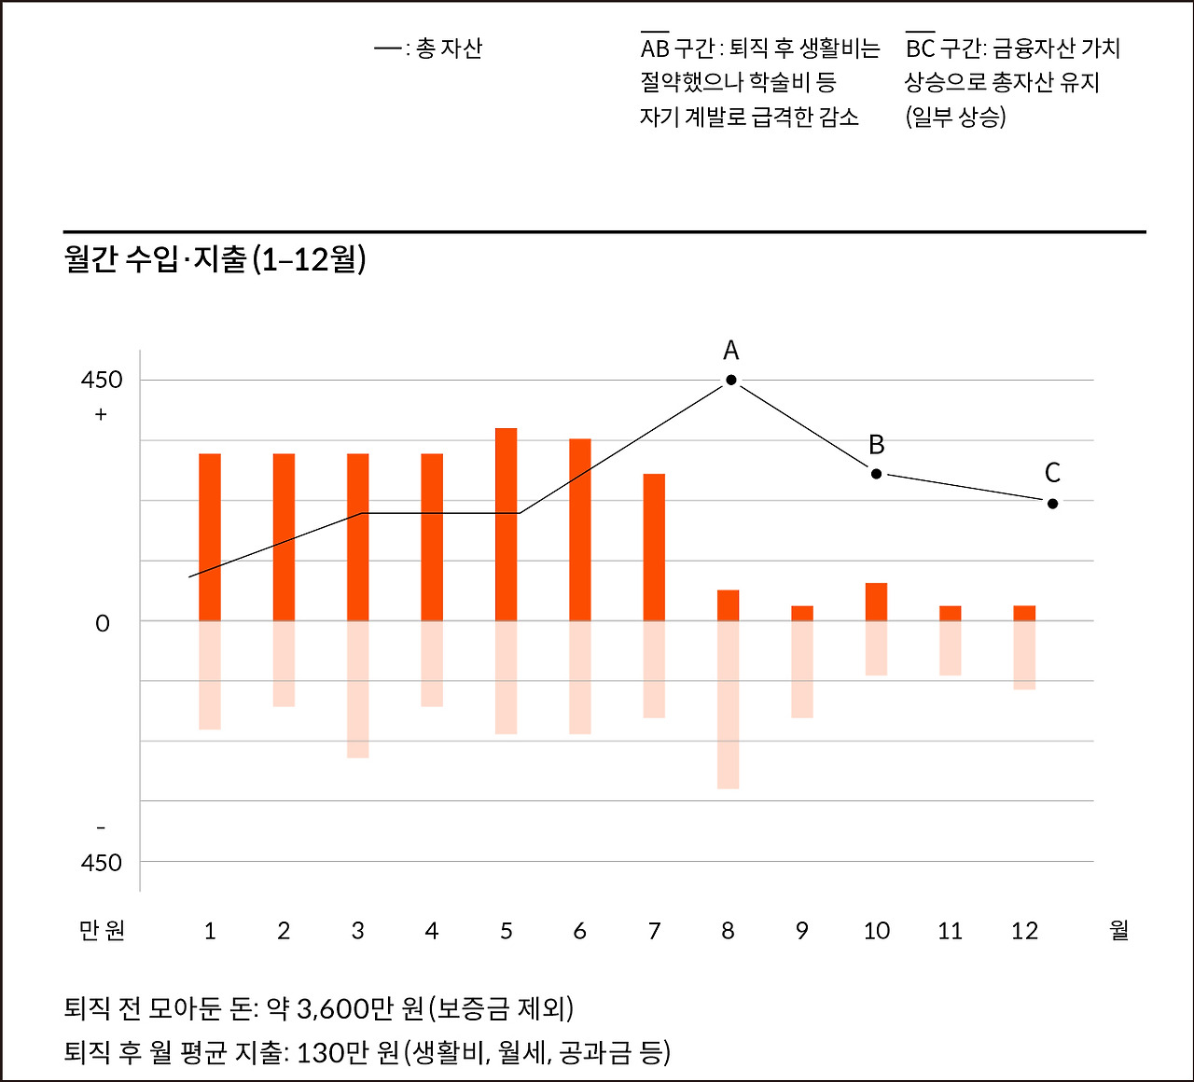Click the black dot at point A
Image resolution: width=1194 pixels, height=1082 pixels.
(x=731, y=380)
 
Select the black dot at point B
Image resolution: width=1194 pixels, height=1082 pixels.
(x=876, y=474)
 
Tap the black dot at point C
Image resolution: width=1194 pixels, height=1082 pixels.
(x=1052, y=504)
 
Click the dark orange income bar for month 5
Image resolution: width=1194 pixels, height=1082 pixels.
(x=506, y=524)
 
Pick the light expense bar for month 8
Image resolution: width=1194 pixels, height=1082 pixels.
(x=728, y=704)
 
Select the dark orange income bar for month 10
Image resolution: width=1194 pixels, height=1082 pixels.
(x=876, y=602)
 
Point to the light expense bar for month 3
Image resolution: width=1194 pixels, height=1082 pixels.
(x=358, y=688)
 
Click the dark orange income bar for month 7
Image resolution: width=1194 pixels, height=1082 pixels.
(x=654, y=547)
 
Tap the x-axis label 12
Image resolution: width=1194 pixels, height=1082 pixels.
(x=1024, y=931)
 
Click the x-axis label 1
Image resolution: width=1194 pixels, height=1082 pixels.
(x=210, y=931)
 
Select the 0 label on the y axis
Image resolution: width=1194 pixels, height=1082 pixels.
(x=103, y=623)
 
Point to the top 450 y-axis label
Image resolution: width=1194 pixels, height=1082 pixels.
(x=102, y=380)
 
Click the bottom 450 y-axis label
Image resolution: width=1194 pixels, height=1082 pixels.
(x=102, y=863)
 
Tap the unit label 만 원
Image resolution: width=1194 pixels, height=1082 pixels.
(x=102, y=931)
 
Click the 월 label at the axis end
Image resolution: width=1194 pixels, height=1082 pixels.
(x=1119, y=930)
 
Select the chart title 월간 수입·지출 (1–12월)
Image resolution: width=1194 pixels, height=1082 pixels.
(x=215, y=259)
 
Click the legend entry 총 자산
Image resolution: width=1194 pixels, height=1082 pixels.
(x=448, y=49)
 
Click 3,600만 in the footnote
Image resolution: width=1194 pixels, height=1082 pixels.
(x=344, y=1008)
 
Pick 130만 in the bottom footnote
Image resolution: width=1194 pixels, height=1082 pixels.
(x=334, y=1053)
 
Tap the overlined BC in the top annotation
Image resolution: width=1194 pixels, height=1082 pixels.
(x=920, y=49)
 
